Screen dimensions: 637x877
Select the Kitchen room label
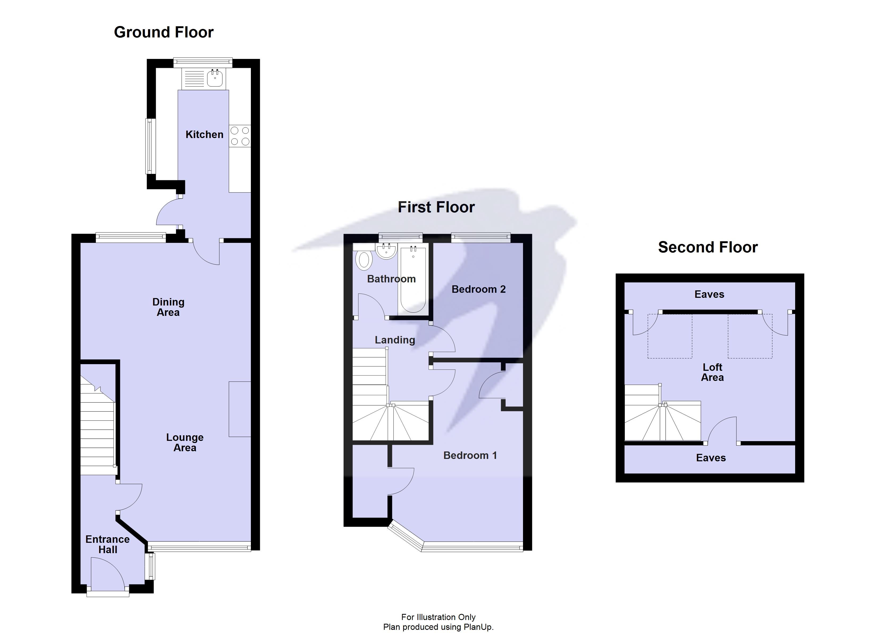pos(204,134)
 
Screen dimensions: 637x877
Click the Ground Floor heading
pos(163,32)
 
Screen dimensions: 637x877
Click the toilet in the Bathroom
pos(364,260)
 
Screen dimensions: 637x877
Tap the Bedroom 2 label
pos(478,289)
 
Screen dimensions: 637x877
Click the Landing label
pos(395,340)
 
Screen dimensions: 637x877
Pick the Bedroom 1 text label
pos(470,455)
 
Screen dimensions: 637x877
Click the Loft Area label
pos(712,372)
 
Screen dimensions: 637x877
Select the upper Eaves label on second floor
pos(709,294)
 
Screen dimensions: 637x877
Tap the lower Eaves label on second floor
pos(711,458)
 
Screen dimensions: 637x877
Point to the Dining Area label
pos(168,307)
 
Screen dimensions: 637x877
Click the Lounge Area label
pos(185,442)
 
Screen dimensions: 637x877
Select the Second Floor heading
pos(708,247)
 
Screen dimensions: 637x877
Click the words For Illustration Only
pos(438,617)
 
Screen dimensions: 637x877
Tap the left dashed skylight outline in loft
pos(670,336)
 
